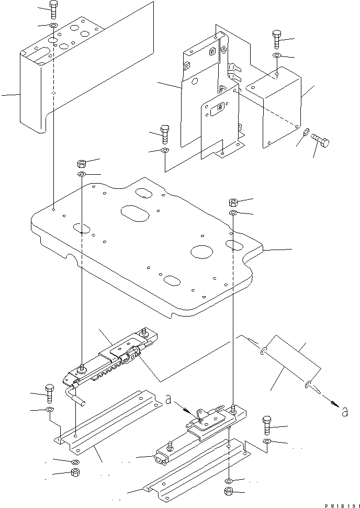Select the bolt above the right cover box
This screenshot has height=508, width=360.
click(276, 39)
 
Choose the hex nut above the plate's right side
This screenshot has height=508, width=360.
click(234, 202)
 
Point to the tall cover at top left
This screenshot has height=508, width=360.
click(34, 94)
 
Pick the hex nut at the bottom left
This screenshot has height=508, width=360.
click(74, 473)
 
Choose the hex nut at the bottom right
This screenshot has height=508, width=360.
click(229, 491)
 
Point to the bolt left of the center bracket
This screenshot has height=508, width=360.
click(164, 134)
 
